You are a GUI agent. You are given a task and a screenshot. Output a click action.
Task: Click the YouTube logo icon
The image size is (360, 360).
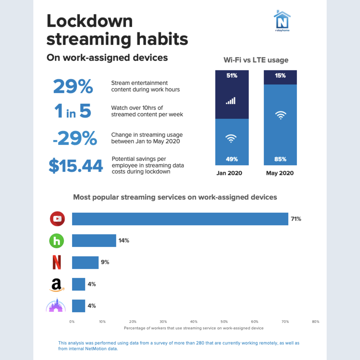57,219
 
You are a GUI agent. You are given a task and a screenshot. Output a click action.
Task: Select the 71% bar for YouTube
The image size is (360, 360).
180,219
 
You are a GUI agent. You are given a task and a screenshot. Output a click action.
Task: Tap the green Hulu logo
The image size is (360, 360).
57,241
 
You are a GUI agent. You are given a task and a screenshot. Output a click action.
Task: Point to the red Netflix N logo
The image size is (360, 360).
57,262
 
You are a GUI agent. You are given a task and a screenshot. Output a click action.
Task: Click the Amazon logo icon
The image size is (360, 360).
56,285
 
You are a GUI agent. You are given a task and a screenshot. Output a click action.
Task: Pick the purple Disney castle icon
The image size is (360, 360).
56,305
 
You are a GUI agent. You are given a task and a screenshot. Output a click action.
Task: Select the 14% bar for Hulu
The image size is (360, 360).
94,241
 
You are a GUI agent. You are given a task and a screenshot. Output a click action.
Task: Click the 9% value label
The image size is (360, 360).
105,262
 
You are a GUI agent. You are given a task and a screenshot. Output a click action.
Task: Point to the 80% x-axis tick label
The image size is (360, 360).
315,322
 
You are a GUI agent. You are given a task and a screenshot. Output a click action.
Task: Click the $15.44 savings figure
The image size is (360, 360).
76,166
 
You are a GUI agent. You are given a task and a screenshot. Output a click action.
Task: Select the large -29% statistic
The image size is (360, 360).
75,138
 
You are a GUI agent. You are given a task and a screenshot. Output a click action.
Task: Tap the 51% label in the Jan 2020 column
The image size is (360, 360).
232,76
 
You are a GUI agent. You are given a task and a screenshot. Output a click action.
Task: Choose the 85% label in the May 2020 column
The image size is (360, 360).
280,159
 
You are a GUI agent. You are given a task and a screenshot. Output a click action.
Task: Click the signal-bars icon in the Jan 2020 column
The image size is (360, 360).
231,101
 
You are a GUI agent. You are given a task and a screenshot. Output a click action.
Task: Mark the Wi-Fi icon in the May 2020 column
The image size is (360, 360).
280,115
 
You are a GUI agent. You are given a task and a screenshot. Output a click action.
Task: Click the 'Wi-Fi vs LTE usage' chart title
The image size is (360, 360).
256,60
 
